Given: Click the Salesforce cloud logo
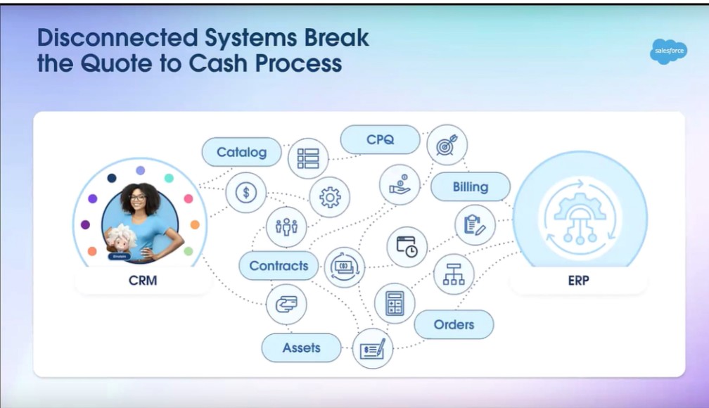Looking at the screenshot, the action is tap(668, 51).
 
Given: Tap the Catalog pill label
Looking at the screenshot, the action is tap(241, 152).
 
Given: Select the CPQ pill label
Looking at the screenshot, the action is tap(380, 139).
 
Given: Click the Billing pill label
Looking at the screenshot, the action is tap(471, 187).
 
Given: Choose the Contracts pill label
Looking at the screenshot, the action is tap(279, 265).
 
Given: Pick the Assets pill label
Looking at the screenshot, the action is tap(301, 348).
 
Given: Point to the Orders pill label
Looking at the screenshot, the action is tap(454, 324).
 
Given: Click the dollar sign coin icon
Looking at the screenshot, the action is tap(246, 193).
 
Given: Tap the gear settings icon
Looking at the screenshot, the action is tap(330, 197).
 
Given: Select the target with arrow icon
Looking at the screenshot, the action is tap(447, 145).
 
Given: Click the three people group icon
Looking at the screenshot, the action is tap(286, 227).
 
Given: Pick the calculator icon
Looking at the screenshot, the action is tap(395, 303).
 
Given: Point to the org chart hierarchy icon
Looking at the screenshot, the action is tap(454, 274).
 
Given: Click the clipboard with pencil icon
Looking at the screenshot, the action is tap(475, 225).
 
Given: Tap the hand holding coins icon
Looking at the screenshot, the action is tap(400, 184).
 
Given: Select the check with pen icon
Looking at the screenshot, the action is tap(373, 349).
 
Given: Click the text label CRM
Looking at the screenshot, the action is tap(143, 281).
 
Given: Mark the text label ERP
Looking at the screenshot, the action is tap(578, 281).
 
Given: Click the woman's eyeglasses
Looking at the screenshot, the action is tap(137, 198).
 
